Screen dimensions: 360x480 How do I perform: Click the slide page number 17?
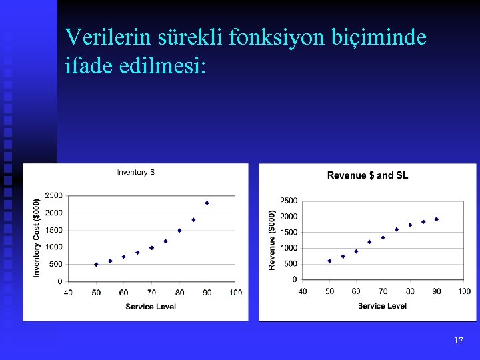click(458, 341)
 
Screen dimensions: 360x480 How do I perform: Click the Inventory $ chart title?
click(136, 173)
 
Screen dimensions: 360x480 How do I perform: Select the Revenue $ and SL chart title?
click(367, 175)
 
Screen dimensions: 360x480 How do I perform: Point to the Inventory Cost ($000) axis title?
click(37, 238)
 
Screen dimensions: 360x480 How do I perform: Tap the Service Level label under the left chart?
click(151, 307)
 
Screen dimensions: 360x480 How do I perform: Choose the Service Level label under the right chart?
click(382, 306)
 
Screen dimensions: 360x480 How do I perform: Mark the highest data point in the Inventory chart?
click(207, 203)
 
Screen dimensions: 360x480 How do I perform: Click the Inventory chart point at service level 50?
click(96, 264)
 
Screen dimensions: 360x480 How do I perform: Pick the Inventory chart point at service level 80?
click(179, 231)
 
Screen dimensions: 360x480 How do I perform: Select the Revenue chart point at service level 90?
click(437, 219)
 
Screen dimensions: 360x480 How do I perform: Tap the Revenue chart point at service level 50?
click(329, 261)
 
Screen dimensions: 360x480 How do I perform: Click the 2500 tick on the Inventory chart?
click(53, 195)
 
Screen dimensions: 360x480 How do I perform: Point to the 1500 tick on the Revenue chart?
click(288, 232)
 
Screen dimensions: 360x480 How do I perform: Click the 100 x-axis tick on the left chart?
click(235, 293)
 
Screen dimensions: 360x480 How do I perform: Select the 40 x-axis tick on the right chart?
click(303, 291)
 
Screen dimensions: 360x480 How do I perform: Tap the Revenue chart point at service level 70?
click(383, 237)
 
